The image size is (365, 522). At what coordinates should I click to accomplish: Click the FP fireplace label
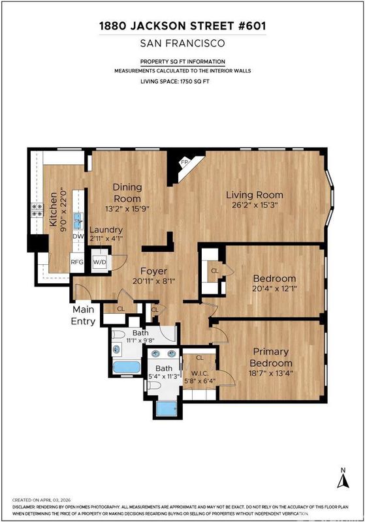[x=184, y=162]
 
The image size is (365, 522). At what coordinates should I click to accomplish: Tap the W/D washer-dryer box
[x=100, y=262]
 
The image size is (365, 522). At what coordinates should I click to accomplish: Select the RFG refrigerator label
[x=77, y=262]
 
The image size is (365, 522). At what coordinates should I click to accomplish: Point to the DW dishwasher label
[x=78, y=236]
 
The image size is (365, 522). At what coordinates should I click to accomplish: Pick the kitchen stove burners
[x=37, y=210]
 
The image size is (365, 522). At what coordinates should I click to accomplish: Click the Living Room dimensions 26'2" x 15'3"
[x=255, y=205]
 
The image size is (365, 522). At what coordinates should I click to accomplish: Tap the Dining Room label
[x=127, y=192]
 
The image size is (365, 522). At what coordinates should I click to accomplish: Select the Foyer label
[x=153, y=271]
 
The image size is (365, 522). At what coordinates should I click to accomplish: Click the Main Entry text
[x=84, y=315]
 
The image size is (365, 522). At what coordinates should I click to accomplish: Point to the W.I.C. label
[x=200, y=373]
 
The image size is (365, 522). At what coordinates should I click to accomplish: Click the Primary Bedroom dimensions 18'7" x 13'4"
[x=271, y=373]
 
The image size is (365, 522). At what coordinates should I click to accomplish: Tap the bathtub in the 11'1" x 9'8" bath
[x=127, y=367]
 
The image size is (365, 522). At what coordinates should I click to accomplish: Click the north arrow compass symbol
[x=343, y=478]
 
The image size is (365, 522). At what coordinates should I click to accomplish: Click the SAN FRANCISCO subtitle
[x=183, y=43]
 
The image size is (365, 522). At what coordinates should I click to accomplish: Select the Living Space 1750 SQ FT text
[x=175, y=81]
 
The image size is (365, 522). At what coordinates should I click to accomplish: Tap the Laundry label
[x=106, y=230]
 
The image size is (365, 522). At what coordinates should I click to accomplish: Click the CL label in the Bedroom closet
[x=215, y=271]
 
